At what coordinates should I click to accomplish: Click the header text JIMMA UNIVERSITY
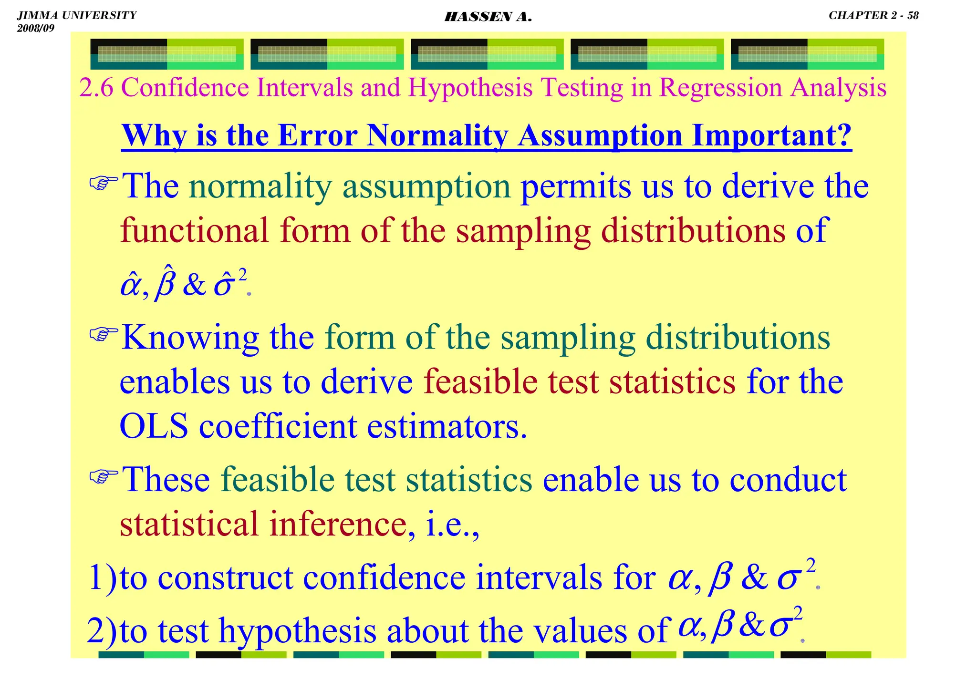(77, 15)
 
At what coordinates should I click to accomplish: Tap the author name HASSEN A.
(488, 17)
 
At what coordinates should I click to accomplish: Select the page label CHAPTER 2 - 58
(873, 15)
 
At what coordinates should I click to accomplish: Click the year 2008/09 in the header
(36, 28)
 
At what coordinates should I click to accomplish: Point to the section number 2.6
(96, 88)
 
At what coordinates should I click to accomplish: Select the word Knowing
(190, 338)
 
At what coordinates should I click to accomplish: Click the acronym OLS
(153, 426)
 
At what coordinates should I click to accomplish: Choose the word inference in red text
(337, 524)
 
